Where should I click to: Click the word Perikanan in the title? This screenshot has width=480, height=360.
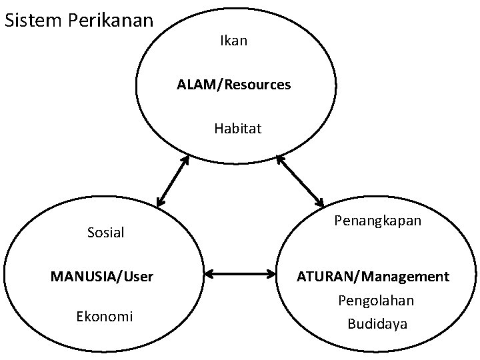(111, 21)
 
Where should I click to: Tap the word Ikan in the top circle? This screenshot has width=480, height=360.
(233, 41)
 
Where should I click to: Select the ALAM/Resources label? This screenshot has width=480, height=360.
(233, 85)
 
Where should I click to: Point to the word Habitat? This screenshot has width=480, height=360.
(238, 128)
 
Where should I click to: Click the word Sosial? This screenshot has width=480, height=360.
(106, 232)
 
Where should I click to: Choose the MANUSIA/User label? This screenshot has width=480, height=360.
(102, 276)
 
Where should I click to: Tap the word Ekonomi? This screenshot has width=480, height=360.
(105, 316)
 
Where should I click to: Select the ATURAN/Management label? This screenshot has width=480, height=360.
(373, 276)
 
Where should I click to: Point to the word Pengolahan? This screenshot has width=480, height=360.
(376, 301)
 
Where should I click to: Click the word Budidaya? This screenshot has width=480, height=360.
(377, 324)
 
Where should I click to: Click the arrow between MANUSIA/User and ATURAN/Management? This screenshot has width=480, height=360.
(241, 273)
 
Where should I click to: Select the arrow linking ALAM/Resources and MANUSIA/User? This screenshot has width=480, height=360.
(173, 180)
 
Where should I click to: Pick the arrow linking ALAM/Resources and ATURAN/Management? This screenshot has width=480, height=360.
(299, 180)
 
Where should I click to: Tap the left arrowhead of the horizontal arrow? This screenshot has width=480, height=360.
(207, 273)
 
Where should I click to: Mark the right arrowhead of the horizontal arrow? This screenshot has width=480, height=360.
(274, 273)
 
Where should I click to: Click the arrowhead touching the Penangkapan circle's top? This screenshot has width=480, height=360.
(319, 201)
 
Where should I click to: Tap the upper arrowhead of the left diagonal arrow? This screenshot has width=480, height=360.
(186, 159)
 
